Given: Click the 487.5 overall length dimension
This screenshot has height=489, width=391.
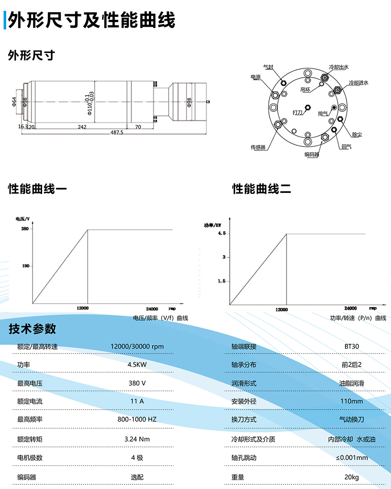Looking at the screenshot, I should click(x=117, y=132).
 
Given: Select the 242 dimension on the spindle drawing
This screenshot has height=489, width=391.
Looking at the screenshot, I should click(x=82, y=127).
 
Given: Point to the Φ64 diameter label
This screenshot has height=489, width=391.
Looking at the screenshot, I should click(x=14, y=101).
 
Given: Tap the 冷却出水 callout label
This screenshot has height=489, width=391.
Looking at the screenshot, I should click(x=339, y=67).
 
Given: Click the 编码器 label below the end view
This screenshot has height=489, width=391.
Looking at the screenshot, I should click(x=311, y=154).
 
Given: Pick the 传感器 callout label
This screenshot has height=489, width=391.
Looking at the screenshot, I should click(x=258, y=147).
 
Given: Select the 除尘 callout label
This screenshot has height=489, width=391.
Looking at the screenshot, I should click(x=357, y=134).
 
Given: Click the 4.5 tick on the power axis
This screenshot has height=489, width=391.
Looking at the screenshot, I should click(x=221, y=234).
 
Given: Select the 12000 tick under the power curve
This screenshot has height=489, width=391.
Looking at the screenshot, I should click(x=282, y=309).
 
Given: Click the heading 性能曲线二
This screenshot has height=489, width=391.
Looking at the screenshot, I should click(x=261, y=189).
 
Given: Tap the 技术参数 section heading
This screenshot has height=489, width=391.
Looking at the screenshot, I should click(x=33, y=329).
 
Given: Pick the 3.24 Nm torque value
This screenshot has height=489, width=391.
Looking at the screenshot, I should click(x=137, y=439).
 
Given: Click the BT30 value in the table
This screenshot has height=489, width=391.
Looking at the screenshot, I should click(x=351, y=346).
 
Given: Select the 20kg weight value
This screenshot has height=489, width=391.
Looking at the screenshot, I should click(x=351, y=477).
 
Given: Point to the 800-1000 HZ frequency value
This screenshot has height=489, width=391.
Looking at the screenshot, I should click(x=137, y=419).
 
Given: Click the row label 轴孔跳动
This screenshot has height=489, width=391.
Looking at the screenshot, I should click(x=244, y=458).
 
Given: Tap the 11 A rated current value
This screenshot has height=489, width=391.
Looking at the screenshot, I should click(x=137, y=401).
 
